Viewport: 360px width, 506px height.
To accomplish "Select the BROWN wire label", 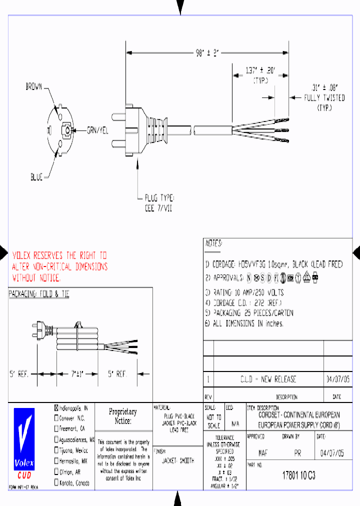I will (34, 87).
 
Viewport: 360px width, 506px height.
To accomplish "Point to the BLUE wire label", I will (36, 177).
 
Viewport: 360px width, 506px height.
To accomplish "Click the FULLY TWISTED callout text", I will (324, 98).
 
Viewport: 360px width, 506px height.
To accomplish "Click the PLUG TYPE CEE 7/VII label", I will (158, 204).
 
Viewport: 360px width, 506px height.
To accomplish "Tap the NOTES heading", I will (213, 243).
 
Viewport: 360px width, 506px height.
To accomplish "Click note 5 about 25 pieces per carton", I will (249, 313).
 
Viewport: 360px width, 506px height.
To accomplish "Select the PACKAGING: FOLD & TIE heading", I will (38, 294).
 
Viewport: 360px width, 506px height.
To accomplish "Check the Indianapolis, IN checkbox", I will (56, 407).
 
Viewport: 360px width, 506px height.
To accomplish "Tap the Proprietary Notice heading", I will (122, 416).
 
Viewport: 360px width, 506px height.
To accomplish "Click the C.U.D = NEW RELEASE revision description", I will (268, 379).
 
